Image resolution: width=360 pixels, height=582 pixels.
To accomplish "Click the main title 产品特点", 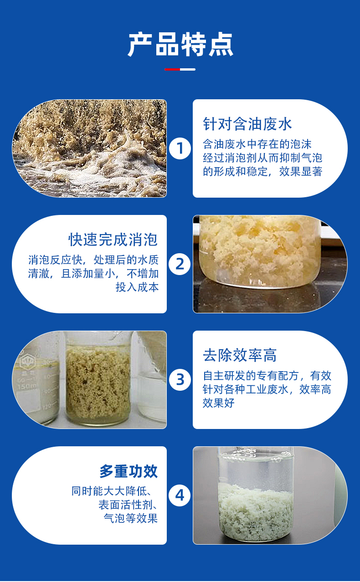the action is [180, 44].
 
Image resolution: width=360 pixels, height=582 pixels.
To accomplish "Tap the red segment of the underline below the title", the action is [172, 69].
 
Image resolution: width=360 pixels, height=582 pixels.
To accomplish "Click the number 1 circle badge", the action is [180, 148].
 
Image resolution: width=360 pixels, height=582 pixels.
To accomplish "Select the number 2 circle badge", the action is [180, 264].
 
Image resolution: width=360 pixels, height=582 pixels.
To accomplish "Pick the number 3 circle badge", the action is [180, 380].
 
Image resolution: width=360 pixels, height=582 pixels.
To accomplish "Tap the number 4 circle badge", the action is [180, 495].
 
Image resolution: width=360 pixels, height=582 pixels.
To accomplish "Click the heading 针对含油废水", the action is [247, 124].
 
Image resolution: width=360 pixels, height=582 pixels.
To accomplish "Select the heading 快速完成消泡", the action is [113, 239].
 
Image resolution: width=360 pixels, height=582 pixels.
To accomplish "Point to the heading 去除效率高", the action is [240, 355].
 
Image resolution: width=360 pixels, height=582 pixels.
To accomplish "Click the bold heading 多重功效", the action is [129, 471].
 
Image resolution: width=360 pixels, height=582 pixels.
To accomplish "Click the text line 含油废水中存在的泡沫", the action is [257, 144].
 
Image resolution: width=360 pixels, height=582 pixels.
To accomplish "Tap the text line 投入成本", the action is [137, 287].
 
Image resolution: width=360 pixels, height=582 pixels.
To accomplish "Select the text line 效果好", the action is [219, 403].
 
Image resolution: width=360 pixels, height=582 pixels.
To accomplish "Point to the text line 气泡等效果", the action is [131, 518].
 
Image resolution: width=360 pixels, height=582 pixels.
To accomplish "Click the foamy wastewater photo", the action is [89, 148].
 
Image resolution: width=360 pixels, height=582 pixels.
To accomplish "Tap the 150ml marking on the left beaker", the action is [27, 387].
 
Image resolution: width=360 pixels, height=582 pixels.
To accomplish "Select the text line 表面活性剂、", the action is [128, 505].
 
